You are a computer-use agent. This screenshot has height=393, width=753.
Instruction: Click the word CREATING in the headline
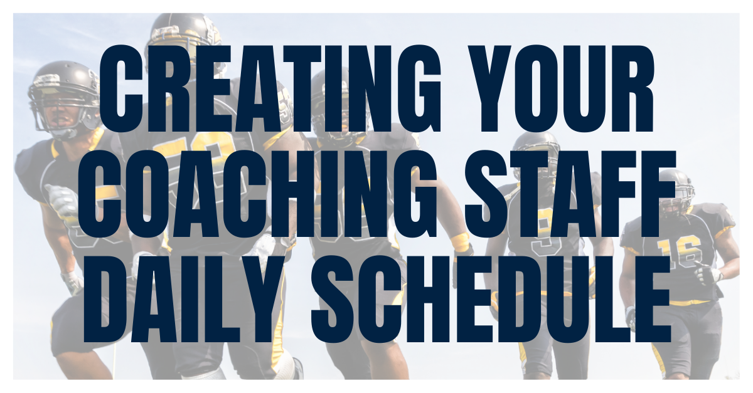click(270, 88)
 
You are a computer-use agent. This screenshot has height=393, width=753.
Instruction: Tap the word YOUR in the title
click(562, 88)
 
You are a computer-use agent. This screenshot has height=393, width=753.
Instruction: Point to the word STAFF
click(570, 194)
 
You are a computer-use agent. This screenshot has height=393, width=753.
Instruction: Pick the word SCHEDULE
click(491, 299)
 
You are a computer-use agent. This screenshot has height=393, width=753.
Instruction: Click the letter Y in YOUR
click(490, 88)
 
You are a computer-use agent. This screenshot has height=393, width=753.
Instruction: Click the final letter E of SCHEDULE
click(651, 299)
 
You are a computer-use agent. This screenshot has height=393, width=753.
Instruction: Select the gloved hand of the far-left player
click(62, 202)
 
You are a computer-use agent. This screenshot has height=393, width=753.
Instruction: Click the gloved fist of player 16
click(708, 274)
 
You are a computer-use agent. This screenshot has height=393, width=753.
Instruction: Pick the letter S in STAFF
click(486, 194)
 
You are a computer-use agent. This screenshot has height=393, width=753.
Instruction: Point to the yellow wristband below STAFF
click(460, 243)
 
